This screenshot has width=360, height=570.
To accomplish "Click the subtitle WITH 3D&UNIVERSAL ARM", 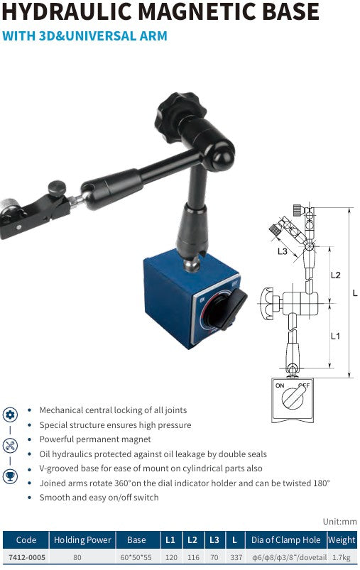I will click(x=85, y=35).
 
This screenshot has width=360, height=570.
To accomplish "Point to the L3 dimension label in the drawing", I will click(x=283, y=251).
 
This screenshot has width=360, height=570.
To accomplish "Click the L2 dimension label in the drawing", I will click(x=336, y=274).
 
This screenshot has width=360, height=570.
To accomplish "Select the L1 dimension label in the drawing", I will click(x=335, y=336).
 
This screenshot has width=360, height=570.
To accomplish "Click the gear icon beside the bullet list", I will click(x=10, y=415).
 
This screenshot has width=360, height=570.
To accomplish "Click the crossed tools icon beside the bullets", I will click(x=10, y=446).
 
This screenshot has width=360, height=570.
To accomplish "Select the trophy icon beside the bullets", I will click(x=10, y=476).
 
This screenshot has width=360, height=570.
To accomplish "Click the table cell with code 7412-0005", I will click(x=26, y=558).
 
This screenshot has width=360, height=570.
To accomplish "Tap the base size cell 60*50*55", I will click(x=136, y=558).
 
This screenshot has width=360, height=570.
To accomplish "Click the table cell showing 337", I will click(x=236, y=558).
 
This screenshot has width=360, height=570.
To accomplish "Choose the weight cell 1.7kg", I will click(x=342, y=558).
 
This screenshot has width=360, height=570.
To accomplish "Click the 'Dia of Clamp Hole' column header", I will click(x=285, y=540).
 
